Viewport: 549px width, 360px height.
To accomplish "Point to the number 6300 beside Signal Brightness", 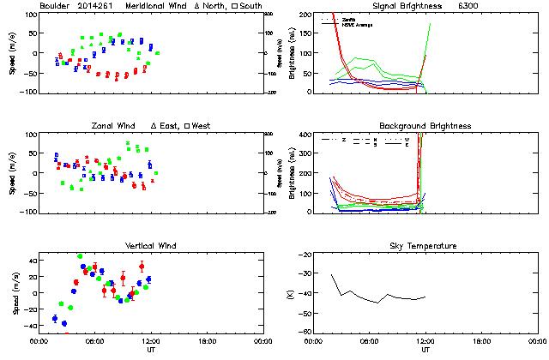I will pyautogui.click(x=468, y=6).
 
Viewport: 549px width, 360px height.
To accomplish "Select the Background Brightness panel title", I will pyautogui.click(x=414, y=126).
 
